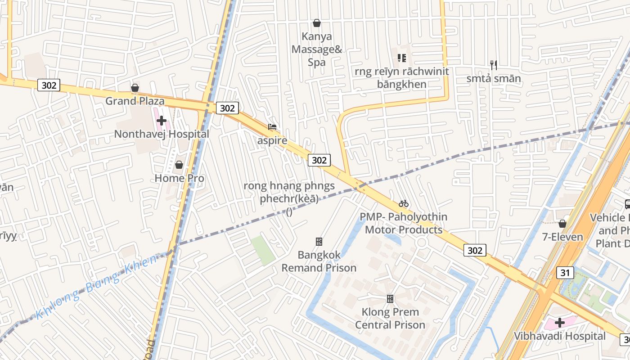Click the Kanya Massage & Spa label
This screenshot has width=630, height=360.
[x=317, y=49]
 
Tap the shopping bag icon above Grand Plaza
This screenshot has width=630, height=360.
[x=135, y=88]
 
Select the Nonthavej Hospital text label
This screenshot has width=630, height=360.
[x=162, y=134]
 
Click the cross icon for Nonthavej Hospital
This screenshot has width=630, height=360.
[x=162, y=121]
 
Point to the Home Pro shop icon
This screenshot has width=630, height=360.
[x=179, y=165]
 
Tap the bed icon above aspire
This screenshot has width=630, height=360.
[x=272, y=127]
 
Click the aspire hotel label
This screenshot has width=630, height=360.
[x=272, y=140]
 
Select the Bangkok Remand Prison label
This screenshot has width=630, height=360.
[x=319, y=261]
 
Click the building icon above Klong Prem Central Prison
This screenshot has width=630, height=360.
[x=390, y=298]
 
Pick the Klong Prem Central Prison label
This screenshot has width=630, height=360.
[x=390, y=318]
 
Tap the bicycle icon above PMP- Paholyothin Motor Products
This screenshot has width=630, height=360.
[x=404, y=203]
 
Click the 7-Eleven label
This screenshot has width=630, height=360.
[x=562, y=237]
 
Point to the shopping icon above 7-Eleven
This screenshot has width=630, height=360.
[x=562, y=224]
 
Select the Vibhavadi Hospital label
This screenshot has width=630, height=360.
[x=560, y=336]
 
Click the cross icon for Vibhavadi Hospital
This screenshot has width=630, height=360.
[x=560, y=323]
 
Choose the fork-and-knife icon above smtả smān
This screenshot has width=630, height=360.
[x=494, y=65]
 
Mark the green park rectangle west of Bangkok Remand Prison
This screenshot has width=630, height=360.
[x=263, y=250]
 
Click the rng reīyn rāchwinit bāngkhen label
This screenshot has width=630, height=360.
[x=401, y=78]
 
